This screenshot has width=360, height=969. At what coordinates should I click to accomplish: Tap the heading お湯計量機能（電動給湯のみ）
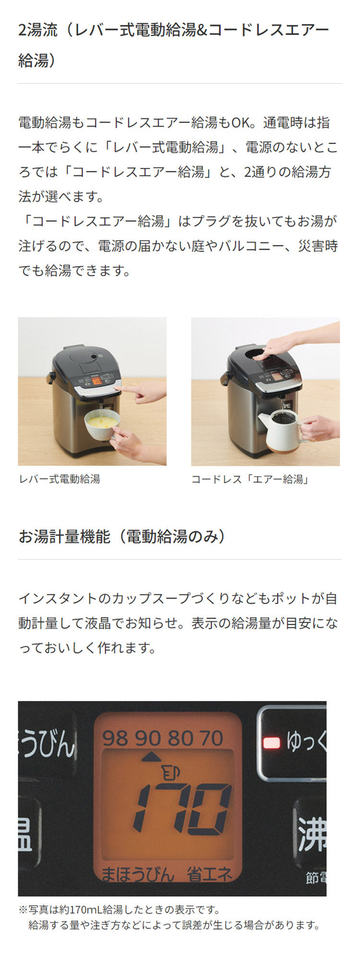point(122,536)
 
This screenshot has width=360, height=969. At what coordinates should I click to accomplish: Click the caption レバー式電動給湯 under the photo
point(60,479)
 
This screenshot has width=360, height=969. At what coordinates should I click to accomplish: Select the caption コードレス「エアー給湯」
point(250,479)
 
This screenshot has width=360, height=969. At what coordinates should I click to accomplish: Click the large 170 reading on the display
point(182,809)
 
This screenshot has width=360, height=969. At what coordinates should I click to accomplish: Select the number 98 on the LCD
point(115,738)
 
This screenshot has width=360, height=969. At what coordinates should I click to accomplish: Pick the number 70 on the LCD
point(212,738)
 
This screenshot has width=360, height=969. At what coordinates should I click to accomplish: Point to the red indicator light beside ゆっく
point(271,743)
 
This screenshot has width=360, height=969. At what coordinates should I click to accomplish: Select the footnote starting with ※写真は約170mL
point(169,917)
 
